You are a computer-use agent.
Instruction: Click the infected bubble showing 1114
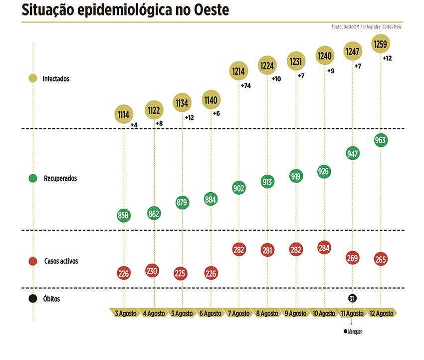pyautogui.click(x=123, y=114)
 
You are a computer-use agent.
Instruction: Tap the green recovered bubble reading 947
pyautogui.click(x=353, y=153)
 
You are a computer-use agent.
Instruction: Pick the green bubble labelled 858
pyautogui.click(x=123, y=216)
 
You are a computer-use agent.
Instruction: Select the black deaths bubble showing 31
pyautogui.click(x=352, y=299)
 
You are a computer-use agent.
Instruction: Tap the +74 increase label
pyautogui.click(x=245, y=86)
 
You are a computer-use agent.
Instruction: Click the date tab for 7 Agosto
pyautogui.click(x=239, y=313)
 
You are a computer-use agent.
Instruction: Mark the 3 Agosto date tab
pyautogui.click(x=124, y=313)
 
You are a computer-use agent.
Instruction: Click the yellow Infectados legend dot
pyautogui.click(x=33, y=78)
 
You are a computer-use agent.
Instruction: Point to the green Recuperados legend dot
pyautogui.click(x=33, y=178)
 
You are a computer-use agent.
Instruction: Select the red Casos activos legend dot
pyautogui.click(x=33, y=261)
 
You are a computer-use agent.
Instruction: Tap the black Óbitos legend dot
pyautogui.click(x=33, y=299)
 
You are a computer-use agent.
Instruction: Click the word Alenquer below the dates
pyautogui.click(x=354, y=332)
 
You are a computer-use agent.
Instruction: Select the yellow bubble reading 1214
pyautogui.click(x=238, y=71)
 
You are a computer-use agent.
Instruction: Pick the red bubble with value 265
pyautogui.click(x=382, y=260)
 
